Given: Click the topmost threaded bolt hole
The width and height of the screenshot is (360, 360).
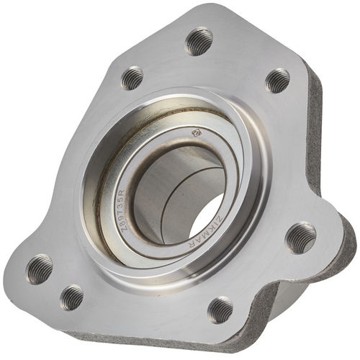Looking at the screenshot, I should tap(199, 41).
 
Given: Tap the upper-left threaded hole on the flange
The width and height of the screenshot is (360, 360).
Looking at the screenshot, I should tap(132, 78).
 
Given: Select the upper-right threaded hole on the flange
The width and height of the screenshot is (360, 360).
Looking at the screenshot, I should tap(278, 80).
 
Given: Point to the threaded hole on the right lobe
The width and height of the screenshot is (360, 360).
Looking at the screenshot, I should tap(300, 238).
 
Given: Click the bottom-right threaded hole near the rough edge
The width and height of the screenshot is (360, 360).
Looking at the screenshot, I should tap(220, 310).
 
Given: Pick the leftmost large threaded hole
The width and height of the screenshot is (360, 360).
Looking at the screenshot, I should tap(40, 269).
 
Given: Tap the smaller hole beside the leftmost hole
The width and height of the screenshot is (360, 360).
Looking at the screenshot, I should tap(71, 297).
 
